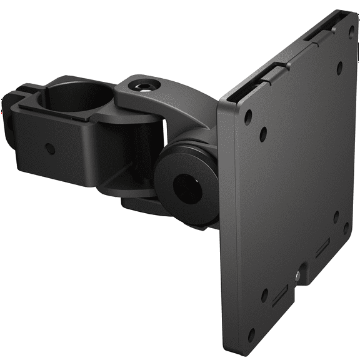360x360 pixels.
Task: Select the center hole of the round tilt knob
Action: pyautogui.click(x=186, y=183)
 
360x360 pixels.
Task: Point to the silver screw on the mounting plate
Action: pyautogui.click(x=297, y=273)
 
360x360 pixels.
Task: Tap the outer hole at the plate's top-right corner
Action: pyautogui.click(x=354, y=29)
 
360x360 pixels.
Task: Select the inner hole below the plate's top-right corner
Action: pyautogui.click(x=341, y=64)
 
